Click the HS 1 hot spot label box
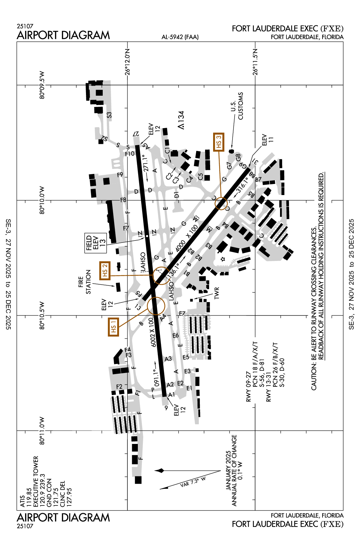[x=113, y=327]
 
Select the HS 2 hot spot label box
[x=105, y=271]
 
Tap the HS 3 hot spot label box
[x=218, y=142]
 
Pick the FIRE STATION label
[x=84, y=282]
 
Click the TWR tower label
[x=217, y=293]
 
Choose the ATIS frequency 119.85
[x=29, y=497]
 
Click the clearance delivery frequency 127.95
[x=69, y=497]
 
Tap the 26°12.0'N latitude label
[x=127, y=62]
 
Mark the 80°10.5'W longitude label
[x=42, y=315]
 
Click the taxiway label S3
[x=109, y=115]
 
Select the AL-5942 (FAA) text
[x=180, y=37]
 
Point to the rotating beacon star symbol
[x=223, y=259]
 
